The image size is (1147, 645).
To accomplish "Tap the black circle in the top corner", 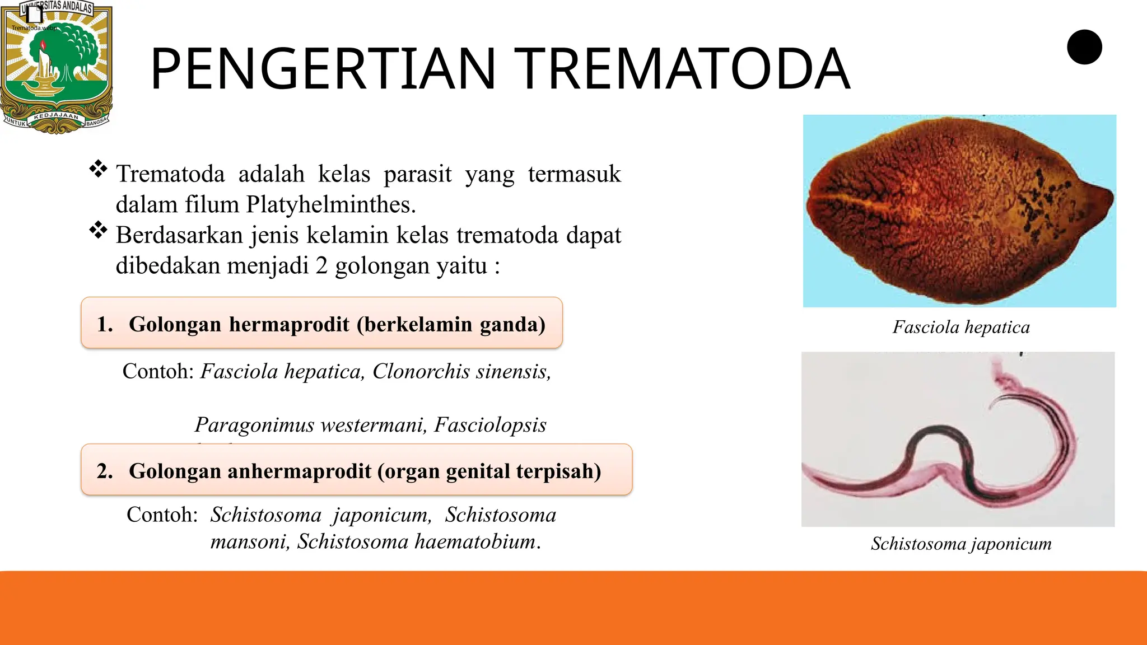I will [1084, 47].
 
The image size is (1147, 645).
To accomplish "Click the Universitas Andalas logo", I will [56, 66].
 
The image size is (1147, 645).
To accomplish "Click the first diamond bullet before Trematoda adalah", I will [98, 169].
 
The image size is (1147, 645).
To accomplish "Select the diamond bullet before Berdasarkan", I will [98, 230].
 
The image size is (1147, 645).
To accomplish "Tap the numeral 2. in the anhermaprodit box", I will [105, 471].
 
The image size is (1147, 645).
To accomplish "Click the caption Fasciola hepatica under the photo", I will [961, 327].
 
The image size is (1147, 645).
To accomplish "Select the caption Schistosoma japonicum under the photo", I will [961, 544].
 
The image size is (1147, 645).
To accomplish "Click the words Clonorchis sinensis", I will [461, 371].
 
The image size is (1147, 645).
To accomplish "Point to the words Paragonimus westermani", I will [311, 425].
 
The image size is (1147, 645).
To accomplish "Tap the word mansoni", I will [249, 541].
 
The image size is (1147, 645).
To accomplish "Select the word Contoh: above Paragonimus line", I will [158, 371].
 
